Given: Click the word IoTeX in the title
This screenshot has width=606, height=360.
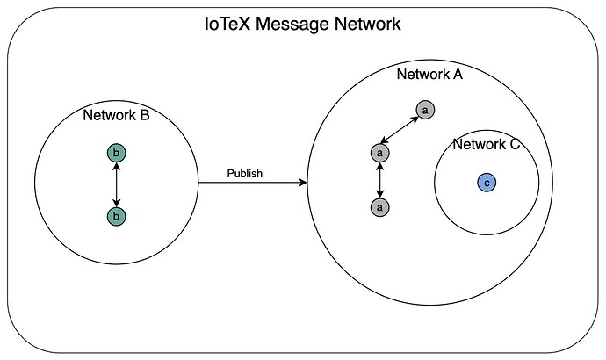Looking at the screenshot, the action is point(227,24).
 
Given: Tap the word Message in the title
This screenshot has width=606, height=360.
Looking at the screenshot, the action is point(292,24).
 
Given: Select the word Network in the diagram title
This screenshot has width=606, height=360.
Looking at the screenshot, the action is point(367,24).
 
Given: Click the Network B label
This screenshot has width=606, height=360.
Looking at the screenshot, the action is point(116,115).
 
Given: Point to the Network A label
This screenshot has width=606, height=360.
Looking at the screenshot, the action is point(429,74).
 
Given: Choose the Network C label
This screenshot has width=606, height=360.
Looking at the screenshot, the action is point(487,144).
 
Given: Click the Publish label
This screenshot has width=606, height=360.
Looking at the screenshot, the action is point(245,174).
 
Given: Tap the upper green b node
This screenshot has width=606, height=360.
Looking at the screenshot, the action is point(116,154).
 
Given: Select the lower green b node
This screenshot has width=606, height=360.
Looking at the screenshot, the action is point(116,216).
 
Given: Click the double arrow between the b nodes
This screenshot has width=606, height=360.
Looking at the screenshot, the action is point(116,184).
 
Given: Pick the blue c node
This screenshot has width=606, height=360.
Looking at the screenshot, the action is point(487,183).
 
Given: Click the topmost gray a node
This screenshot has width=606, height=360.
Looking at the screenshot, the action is point(425,110).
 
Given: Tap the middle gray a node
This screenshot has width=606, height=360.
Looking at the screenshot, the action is point(380,153).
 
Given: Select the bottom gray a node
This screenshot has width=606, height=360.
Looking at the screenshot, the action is point(380,207).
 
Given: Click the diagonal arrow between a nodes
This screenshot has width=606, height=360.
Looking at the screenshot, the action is point(400,130).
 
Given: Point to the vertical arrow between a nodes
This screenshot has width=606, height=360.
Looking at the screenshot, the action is point(380,180).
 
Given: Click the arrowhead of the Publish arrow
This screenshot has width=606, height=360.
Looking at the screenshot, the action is point(304,183).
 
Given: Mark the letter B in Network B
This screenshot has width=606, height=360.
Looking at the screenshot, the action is point(145,115).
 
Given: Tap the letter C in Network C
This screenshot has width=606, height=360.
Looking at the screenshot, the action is point(515,144).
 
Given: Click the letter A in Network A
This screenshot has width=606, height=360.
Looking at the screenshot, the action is point(458,74).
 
